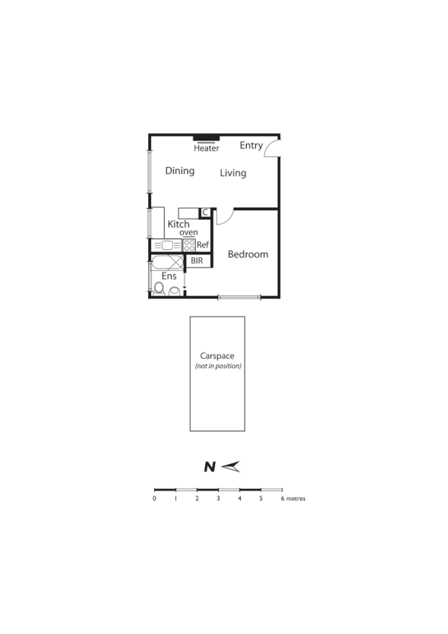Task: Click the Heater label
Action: coord(207,148)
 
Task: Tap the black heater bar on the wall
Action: coord(207,138)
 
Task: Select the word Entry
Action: coord(251,145)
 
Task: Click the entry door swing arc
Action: coord(272,148)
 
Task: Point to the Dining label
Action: coord(180,171)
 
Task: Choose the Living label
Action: coord(233,173)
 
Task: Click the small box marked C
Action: coord(205,213)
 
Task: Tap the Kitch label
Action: coord(178,224)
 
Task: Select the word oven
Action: coord(189,232)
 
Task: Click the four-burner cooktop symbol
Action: coord(189,245)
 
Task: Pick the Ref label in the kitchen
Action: coord(203,245)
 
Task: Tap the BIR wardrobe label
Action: coord(197,260)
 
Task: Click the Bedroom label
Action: coord(248,254)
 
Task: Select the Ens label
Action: coord(169,276)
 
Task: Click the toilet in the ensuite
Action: coord(160,288)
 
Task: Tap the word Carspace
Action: coord(216,355)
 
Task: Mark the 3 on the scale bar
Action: coord(218,499)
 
